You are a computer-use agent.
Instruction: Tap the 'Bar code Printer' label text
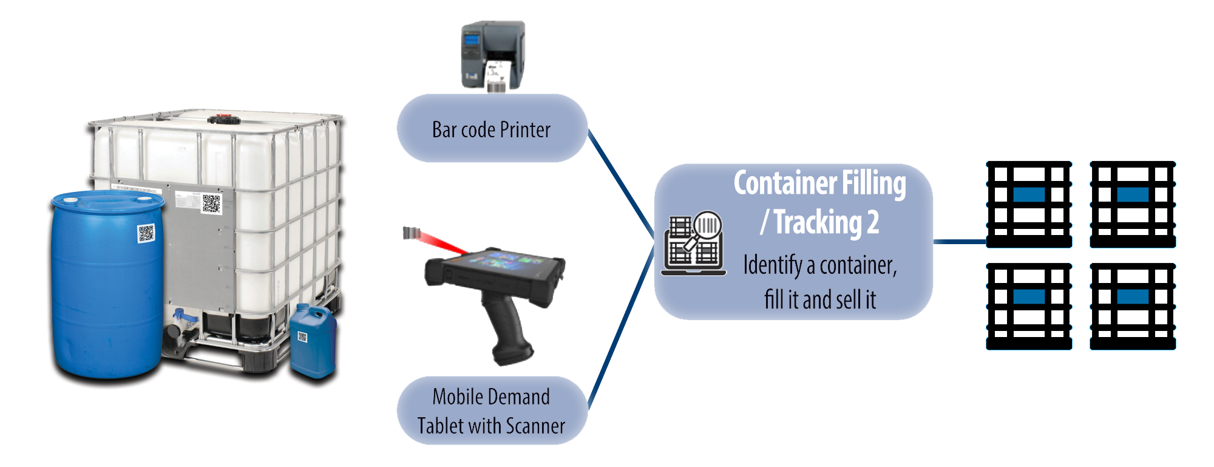point(491,129)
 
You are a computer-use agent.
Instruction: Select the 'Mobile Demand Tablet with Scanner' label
point(491,411)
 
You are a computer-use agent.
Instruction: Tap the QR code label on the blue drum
point(146,233)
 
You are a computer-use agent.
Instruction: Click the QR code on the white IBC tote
point(211,203)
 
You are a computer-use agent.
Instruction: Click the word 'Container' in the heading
point(777,183)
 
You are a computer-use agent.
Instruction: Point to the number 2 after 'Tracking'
point(873,222)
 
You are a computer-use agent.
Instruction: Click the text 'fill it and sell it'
point(820,299)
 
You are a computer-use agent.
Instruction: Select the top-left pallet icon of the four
point(1029,203)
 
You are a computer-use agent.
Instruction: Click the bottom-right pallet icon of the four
point(1133,307)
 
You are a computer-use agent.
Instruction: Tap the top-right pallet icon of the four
point(1133,203)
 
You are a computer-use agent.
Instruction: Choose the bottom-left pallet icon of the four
point(1029,307)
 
